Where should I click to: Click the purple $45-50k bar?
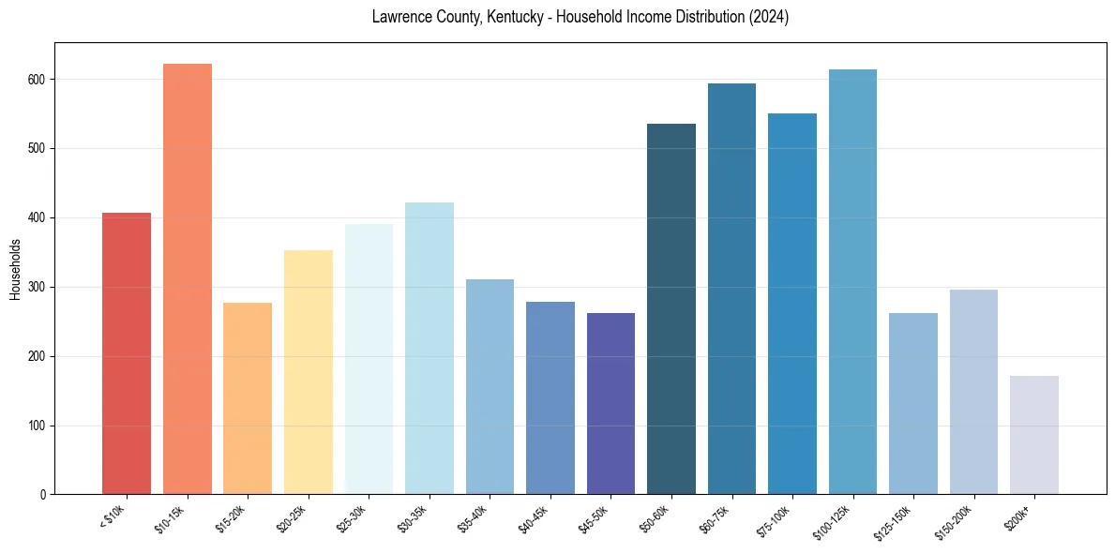(x=610, y=404)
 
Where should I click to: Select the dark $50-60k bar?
(x=671, y=309)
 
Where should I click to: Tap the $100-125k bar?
(x=852, y=282)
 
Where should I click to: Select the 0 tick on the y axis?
(x=43, y=495)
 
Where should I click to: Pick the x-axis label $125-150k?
(x=897, y=521)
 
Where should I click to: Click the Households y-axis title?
(x=15, y=269)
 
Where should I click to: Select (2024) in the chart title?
(x=768, y=17)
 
